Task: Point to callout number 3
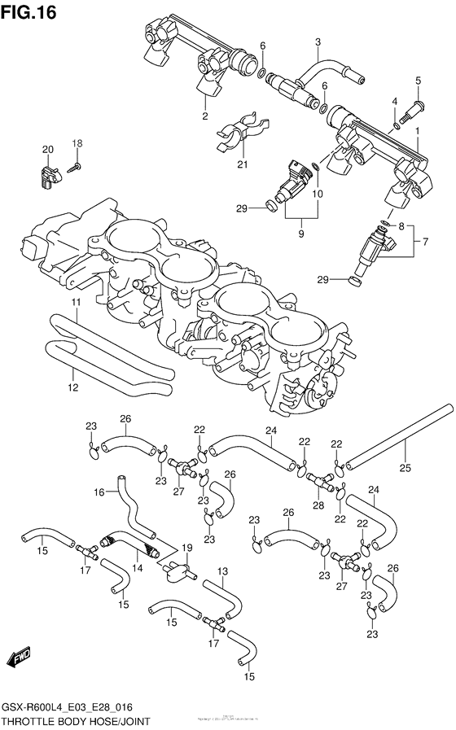pos(318,42)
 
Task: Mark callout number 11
pos(75,303)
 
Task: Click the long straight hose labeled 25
pos(399,435)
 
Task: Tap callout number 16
pos(99,492)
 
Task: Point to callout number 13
pos(222,572)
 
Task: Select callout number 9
pos(300,234)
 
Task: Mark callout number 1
pos(417,130)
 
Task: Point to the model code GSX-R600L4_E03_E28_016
pos(71,707)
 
